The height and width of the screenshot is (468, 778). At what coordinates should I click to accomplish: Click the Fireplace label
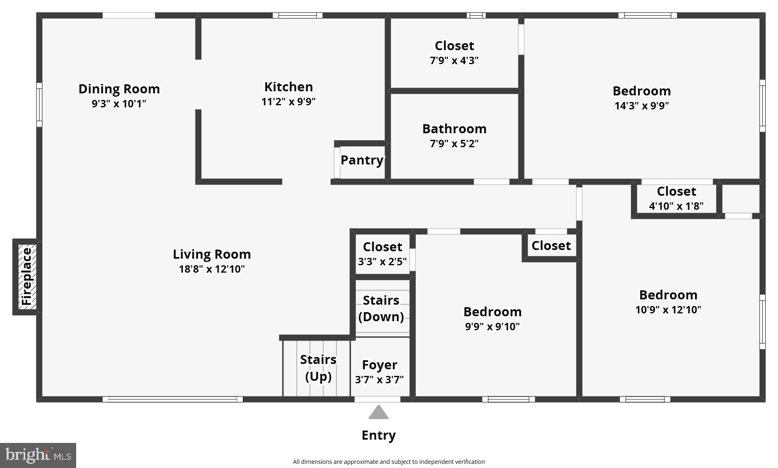27,276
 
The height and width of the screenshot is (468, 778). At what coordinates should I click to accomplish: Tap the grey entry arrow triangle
378,413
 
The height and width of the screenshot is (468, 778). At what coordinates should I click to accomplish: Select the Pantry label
362,160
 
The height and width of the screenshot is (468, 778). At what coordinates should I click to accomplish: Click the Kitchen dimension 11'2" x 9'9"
288,102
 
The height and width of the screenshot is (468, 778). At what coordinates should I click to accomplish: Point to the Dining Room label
119,89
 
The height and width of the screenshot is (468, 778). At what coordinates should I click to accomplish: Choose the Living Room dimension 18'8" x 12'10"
212,269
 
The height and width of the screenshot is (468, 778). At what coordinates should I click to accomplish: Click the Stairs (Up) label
318,368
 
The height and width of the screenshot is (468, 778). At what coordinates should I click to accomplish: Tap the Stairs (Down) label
381,308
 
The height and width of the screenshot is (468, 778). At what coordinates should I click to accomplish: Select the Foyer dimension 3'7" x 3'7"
379,380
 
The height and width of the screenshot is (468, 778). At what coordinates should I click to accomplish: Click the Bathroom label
454,129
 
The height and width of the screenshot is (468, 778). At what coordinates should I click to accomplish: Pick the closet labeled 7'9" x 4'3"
454,53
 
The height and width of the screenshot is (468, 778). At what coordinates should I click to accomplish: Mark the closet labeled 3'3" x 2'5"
382,254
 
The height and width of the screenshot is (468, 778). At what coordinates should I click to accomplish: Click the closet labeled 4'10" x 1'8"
676,198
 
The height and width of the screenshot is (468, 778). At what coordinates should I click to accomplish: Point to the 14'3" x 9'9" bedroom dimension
641,106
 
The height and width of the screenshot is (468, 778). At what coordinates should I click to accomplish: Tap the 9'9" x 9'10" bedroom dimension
492,327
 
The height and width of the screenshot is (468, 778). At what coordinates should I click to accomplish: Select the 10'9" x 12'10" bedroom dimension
668,310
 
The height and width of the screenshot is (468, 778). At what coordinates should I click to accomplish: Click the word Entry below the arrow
378,435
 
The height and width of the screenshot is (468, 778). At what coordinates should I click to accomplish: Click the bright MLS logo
38,455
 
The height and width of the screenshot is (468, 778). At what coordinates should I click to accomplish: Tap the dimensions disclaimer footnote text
389,462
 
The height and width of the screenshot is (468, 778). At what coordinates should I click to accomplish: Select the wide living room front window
172,399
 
